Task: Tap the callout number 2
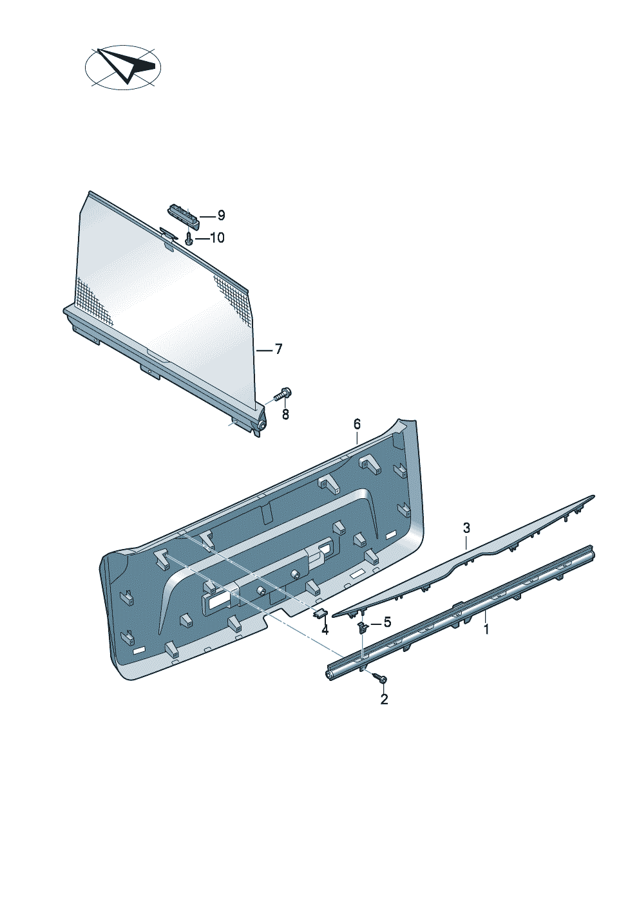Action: coord(384,699)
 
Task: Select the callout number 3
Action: coord(466,527)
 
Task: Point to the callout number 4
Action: coord(325,629)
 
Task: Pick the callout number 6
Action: coord(357,424)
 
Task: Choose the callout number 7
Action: coord(278,349)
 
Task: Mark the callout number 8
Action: coord(285,414)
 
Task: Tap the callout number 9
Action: coord(221,216)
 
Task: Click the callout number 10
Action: coord(217,238)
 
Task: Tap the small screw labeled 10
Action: coord(189,239)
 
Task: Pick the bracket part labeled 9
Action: coord(184,215)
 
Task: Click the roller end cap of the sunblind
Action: coord(261,425)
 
